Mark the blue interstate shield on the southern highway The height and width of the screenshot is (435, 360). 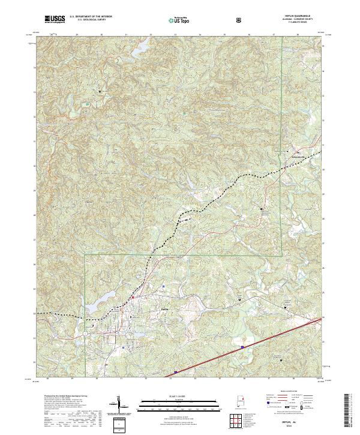242,346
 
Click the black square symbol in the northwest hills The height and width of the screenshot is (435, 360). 100,90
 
